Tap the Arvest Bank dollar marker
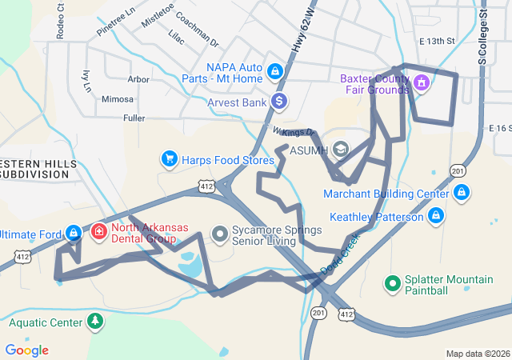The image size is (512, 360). point(279,102)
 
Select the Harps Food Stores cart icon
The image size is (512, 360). point(169,159)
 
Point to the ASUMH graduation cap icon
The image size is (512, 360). point(341,150)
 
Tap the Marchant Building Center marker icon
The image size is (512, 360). point(462,193)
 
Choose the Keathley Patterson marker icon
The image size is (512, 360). point(436,216)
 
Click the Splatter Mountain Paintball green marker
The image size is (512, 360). point(393,283)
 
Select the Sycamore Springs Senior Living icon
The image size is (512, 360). point(220,234)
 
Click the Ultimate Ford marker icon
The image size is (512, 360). point(74,234)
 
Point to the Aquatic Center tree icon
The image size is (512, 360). point(96,322)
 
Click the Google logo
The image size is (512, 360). point(26,350)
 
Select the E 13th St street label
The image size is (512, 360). point(436,42)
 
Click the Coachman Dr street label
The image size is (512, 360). point(197,34)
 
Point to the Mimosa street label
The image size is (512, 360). point(118,99)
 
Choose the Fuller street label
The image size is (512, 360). point(134,118)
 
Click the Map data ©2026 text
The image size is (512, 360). point(477,354)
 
